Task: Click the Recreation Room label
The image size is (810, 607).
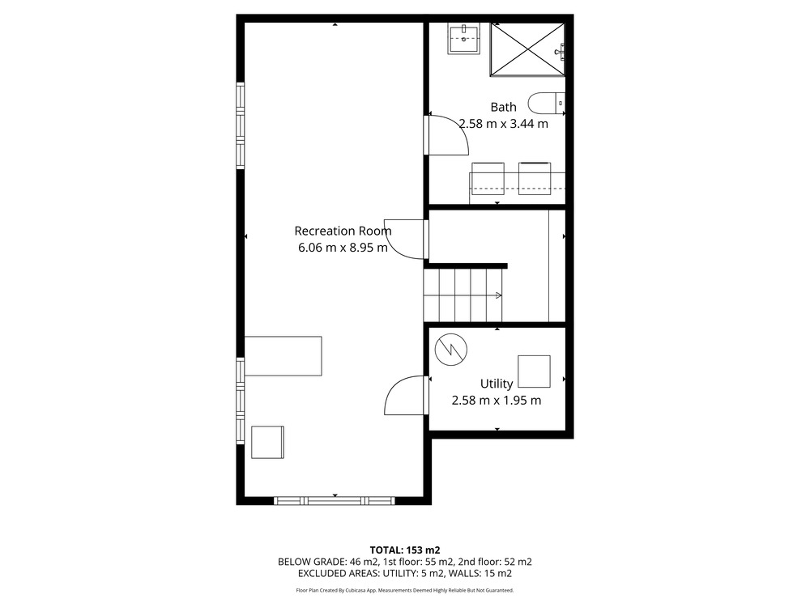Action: click(343, 231)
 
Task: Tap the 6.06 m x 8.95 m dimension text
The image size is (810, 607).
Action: click(343, 247)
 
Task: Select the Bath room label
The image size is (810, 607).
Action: click(503, 107)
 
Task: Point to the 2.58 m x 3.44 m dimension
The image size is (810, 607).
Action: click(504, 124)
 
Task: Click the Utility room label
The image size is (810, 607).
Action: click(497, 384)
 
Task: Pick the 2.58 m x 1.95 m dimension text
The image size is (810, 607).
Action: click(497, 400)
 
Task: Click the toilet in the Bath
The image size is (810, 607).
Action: click(547, 103)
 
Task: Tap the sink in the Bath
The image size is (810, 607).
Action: click(464, 39)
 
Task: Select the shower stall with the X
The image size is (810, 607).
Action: click(527, 49)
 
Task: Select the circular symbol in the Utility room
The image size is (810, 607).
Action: click(451, 350)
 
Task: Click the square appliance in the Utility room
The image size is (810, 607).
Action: click(534, 371)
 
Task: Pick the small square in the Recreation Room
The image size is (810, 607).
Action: click(267, 443)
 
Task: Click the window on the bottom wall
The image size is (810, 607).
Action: click(335, 501)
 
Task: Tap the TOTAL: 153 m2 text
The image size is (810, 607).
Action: click(405, 550)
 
